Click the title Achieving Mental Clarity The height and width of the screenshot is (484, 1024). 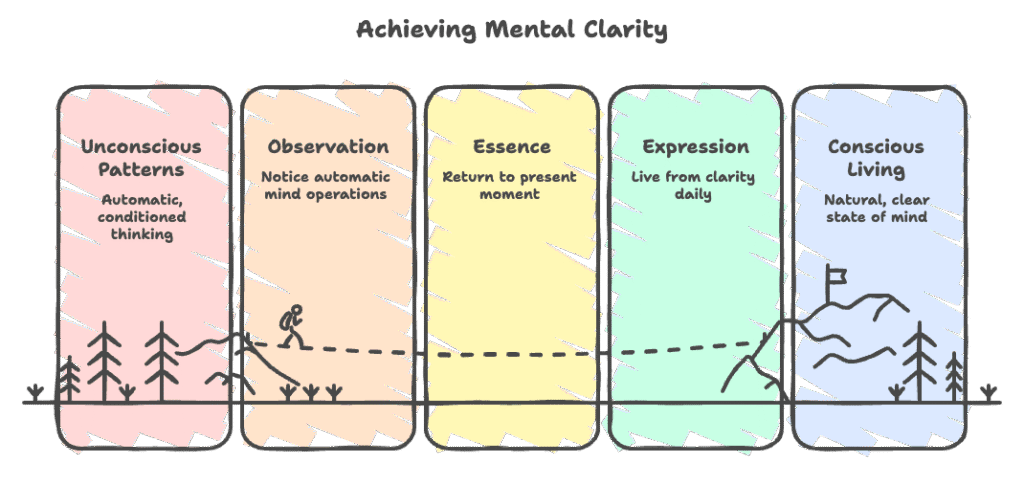(x=511, y=30)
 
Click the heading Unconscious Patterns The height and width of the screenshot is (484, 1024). (x=141, y=157)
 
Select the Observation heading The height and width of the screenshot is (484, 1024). (x=327, y=147)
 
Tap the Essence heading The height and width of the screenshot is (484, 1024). (x=511, y=147)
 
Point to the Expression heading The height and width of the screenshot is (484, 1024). (x=695, y=147)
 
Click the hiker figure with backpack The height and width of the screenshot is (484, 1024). (x=291, y=326)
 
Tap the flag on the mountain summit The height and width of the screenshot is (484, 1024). (x=837, y=275)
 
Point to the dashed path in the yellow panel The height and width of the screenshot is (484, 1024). (x=511, y=353)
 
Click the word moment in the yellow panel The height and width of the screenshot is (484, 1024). (x=511, y=195)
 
